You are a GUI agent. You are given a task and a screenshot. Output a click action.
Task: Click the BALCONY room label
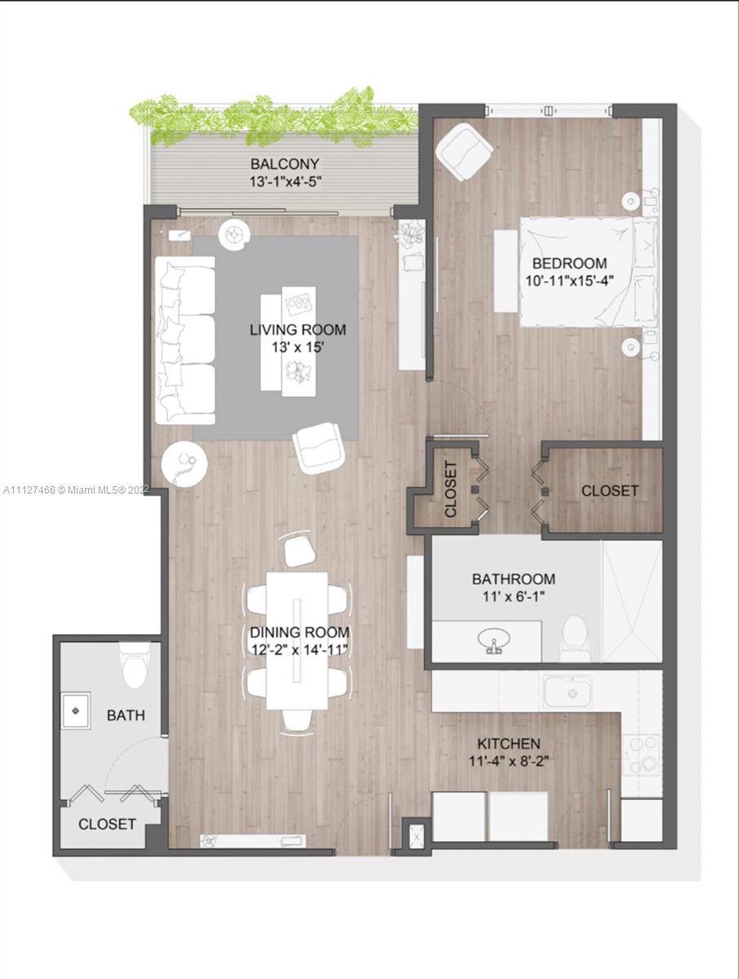point(285,164)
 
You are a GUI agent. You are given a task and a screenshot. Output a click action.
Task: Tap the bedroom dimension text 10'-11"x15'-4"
point(569,281)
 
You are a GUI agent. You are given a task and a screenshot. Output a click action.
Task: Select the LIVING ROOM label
point(298,330)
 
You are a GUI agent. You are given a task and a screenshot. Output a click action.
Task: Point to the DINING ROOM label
point(299,632)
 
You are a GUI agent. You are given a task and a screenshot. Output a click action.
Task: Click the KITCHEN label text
point(508,743)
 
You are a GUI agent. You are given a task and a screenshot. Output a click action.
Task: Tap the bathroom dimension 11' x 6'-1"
point(514,596)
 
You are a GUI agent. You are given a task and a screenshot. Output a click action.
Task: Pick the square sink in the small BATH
point(76,711)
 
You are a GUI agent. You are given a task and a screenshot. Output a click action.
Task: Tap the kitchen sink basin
point(569,692)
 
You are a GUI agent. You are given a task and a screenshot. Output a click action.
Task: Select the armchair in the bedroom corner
point(464,152)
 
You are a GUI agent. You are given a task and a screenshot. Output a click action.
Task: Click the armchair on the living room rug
point(318,447)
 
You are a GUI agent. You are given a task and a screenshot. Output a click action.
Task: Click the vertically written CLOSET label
point(450,489)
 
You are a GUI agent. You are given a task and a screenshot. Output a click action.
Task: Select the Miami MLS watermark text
point(76,490)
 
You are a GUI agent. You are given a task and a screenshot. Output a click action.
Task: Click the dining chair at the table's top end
point(299,550)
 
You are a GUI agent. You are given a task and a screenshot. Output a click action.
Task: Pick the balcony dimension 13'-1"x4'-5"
point(285,182)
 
